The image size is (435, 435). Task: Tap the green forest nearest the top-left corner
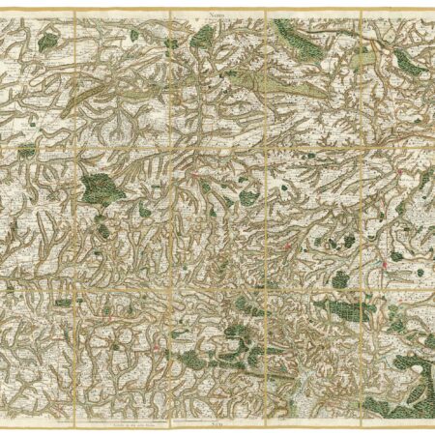[x=47, y=40]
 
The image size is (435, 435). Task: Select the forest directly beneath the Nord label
[x=203, y=37]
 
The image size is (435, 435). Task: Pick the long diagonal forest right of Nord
[x=294, y=39]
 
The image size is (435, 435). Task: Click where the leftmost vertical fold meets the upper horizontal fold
[x=76, y=149]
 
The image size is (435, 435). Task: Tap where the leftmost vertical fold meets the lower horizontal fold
[x=76, y=286]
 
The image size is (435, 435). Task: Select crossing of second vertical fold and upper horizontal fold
[x=171, y=149]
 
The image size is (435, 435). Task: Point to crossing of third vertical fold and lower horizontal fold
[x=266, y=286]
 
